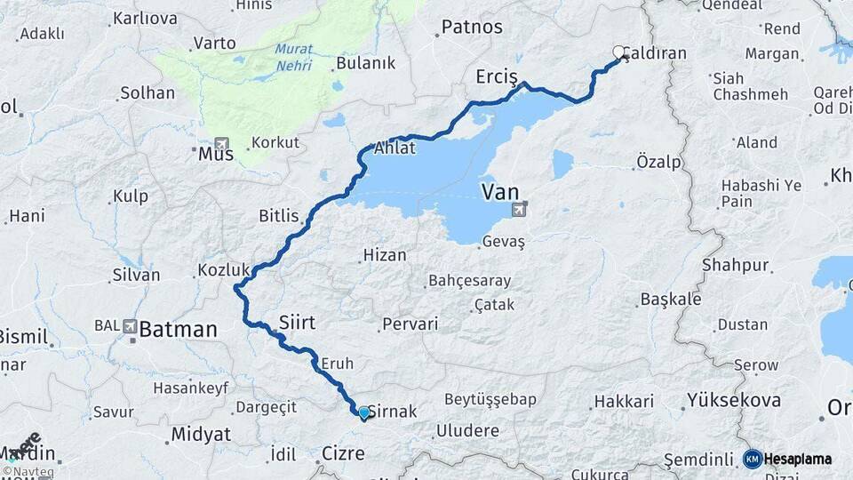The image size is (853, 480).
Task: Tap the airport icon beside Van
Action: [x=519, y=210]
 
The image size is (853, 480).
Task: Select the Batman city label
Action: [x=178, y=330]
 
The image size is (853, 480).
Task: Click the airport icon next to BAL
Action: [x=131, y=327]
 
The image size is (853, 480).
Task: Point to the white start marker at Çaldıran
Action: [x=618, y=52]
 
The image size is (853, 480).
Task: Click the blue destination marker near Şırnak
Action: [x=363, y=412]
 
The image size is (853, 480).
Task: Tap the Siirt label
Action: [x=297, y=322]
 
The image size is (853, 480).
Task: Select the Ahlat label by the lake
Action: [x=395, y=148]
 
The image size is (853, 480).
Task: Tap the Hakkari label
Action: [x=624, y=402]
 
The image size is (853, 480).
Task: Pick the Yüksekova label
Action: [x=734, y=400]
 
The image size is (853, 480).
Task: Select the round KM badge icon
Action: [x=753, y=460]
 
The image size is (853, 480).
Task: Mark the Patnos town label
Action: [x=472, y=28]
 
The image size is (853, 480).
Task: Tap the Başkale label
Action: [x=671, y=299]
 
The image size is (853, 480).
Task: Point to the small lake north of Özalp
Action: [x=562, y=164]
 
